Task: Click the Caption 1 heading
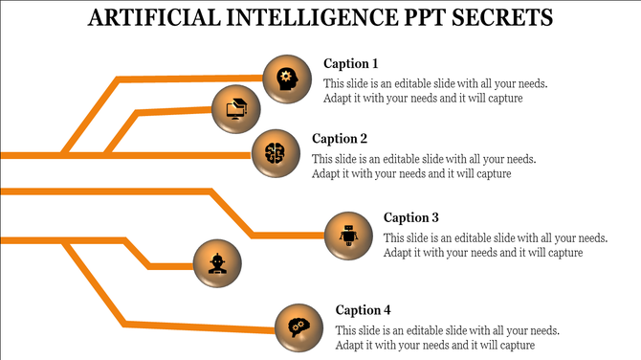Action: pyautogui.click(x=351, y=64)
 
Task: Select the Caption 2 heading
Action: pyautogui.click(x=340, y=139)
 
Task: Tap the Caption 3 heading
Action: pyautogui.click(x=411, y=217)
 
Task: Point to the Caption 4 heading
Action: pyautogui.click(x=364, y=310)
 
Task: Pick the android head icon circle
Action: pyautogui.click(x=216, y=261)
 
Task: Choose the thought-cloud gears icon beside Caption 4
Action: pyautogui.click(x=298, y=325)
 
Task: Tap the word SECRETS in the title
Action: pyautogui.click(x=508, y=17)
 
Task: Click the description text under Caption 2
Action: pyautogui.click(x=424, y=167)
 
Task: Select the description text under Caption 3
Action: pyautogui.click(x=496, y=245)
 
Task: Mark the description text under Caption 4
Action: pyautogui.click(x=448, y=338)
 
